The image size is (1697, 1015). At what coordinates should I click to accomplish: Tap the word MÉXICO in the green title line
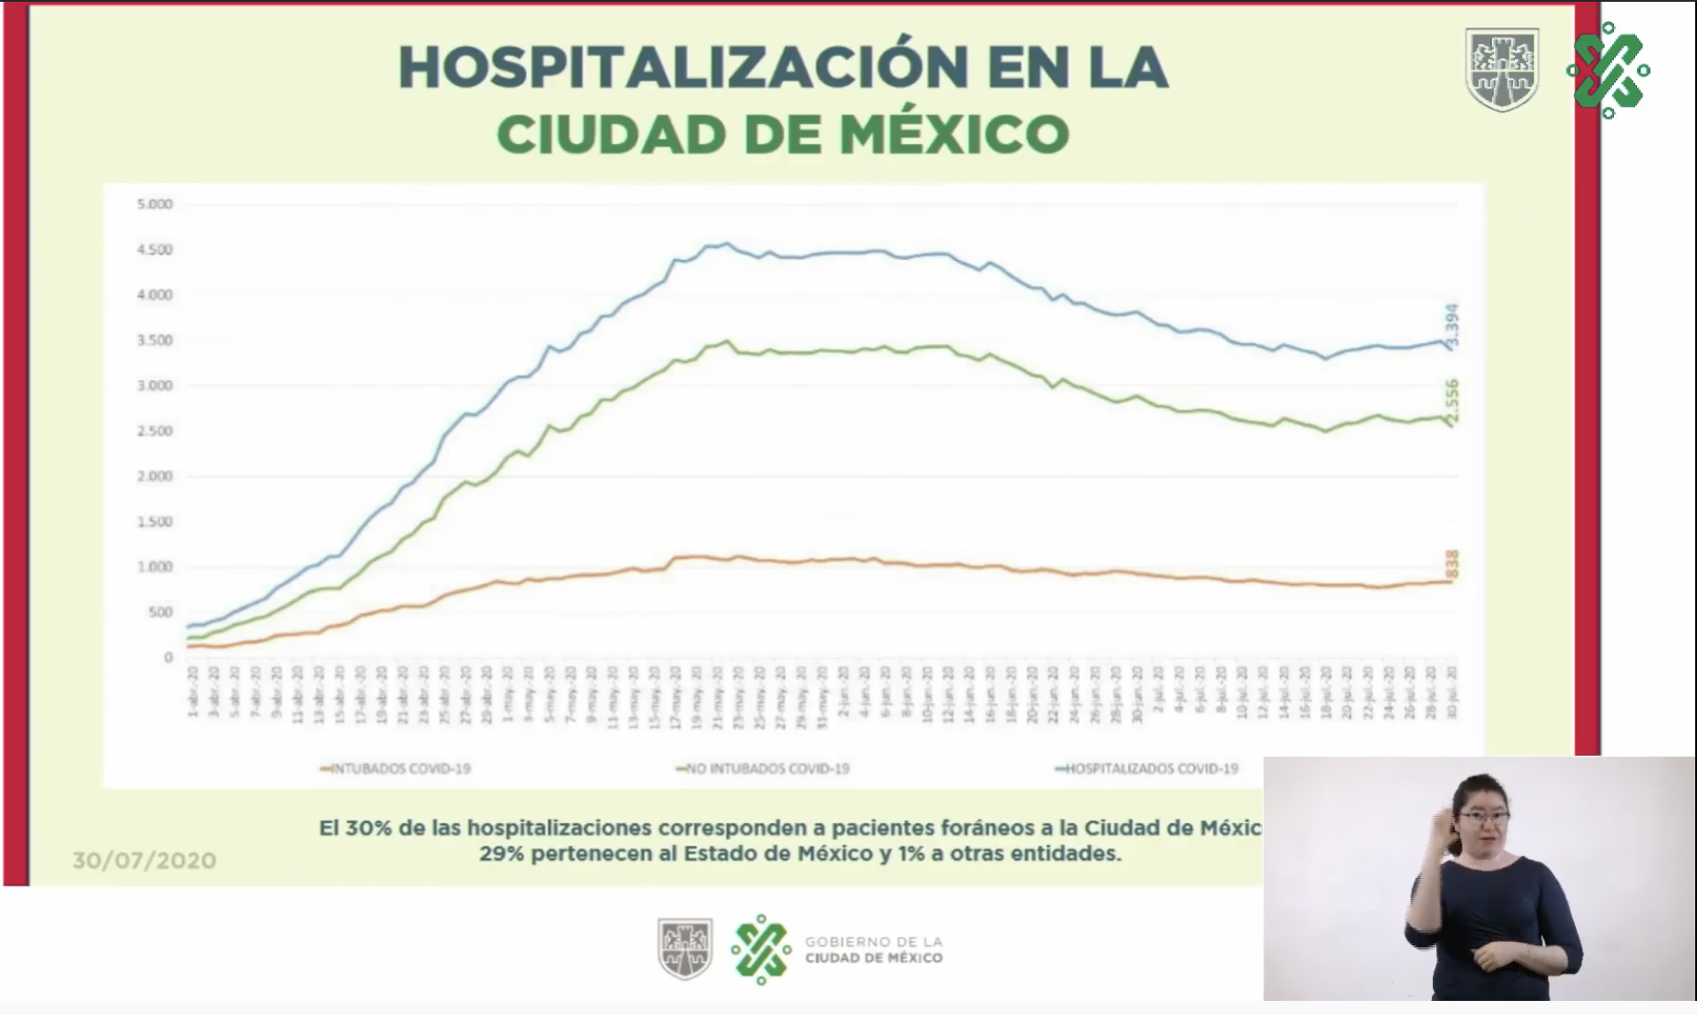pos(954,134)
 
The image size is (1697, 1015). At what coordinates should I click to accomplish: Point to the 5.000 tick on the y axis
pos(155,204)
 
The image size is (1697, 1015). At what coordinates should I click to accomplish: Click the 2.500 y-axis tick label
pos(155,431)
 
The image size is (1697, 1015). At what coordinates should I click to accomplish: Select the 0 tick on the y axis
pos(167,658)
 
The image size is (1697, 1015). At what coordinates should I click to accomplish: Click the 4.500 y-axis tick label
pos(155,250)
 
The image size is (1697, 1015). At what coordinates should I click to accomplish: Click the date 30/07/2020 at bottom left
pos(144,860)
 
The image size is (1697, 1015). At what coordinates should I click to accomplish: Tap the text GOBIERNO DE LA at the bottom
pos(873,942)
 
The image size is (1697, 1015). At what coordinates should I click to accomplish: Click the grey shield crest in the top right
pos(1502,69)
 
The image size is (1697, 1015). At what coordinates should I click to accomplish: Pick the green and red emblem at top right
pos(1608,70)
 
